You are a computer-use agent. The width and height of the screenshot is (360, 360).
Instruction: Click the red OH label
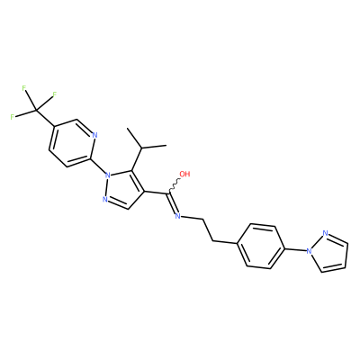point(184,174)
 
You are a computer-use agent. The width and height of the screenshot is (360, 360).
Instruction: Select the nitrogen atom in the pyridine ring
point(94,135)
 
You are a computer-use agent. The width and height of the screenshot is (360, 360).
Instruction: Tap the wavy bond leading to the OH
point(175,185)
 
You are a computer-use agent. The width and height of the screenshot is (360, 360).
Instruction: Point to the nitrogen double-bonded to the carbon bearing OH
point(177,216)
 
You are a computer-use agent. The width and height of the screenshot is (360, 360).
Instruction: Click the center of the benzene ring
point(260,246)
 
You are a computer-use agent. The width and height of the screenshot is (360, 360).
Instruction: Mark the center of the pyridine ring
point(72,143)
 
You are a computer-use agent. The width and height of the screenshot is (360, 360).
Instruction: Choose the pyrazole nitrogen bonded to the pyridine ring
point(107,174)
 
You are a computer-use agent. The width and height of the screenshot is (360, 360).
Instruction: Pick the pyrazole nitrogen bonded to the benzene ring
point(308,250)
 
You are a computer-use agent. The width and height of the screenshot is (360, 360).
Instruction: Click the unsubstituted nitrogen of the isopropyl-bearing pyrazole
point(104,199)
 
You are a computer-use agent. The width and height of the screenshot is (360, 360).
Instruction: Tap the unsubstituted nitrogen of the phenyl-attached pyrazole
point(325,233)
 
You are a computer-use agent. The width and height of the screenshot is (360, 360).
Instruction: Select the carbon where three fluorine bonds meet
point(36,111)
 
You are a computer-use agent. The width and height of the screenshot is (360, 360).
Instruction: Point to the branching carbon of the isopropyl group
point(142,148)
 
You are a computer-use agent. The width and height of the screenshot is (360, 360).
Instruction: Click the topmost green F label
point(23,88)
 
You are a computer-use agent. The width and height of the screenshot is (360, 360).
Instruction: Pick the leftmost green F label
point(13,117)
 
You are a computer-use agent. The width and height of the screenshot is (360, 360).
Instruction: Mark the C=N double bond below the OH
point(173,203)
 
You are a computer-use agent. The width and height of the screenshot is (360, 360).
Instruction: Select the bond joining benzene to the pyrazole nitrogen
point(294,248)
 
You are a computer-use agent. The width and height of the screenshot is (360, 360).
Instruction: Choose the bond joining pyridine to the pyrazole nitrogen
point(97,166)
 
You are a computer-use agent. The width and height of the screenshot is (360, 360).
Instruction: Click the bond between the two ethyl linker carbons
point(208,229)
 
